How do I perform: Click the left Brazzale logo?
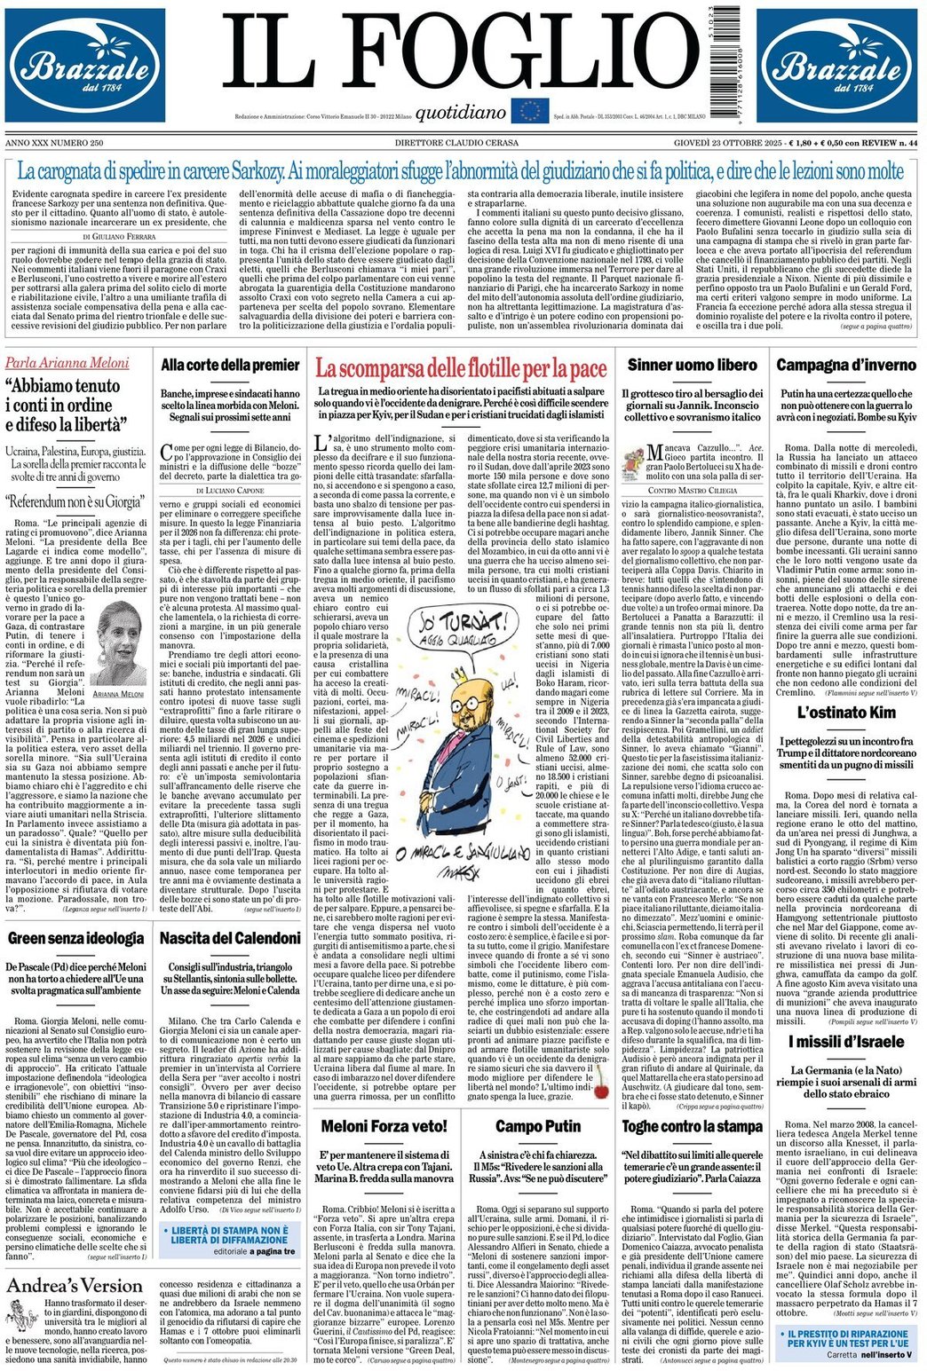(85, 66)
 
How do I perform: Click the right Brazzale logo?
(838, 66)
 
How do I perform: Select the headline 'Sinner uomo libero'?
(692, 365)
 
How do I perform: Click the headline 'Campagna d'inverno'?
(846, 365)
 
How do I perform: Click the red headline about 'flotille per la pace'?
(460, 366)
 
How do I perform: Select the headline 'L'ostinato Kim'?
(845, 713)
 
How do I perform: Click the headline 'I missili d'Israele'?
(845, 1042)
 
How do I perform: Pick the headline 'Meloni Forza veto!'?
(384, 1126)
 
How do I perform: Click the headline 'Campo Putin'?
(537, 1126)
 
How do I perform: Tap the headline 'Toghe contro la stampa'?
(691, 1126)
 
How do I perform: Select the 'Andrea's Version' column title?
(75, 1286)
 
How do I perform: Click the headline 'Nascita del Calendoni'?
(230, 938)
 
